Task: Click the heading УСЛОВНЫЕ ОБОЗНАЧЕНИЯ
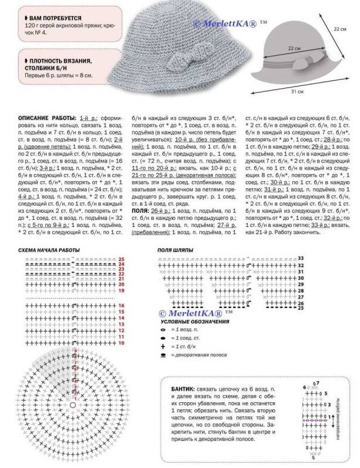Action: pos(195,322)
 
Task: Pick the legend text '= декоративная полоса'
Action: pos(198,355)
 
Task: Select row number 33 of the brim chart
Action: pos(300,258)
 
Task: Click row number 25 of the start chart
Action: pos(121,259)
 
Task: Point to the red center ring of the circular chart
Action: pos(72,405)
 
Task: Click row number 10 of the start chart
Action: pos(121,343)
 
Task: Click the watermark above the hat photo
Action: pos(230,23)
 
